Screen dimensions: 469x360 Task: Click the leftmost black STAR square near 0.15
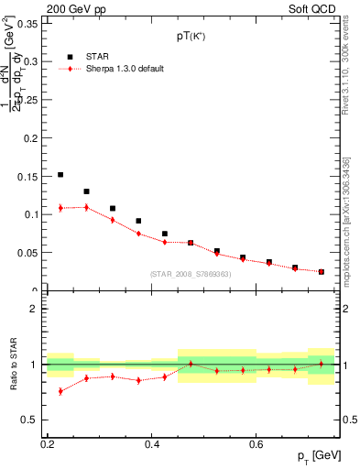tap(60, 174)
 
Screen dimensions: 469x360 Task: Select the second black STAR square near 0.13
tap(86, 191)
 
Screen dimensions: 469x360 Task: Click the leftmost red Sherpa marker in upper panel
tap(60, 208)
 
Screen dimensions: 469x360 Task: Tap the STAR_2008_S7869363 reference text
tap(191, 274)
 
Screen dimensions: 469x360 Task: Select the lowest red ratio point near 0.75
tap(60, 391)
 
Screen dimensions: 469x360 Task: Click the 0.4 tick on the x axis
tap(152, 443)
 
